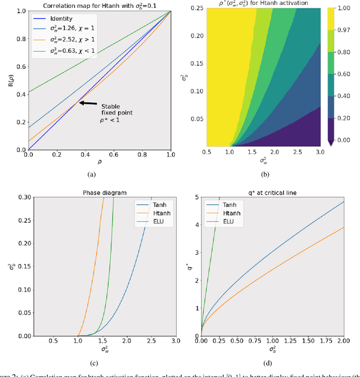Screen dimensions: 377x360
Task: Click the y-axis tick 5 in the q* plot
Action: pos(195,196)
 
